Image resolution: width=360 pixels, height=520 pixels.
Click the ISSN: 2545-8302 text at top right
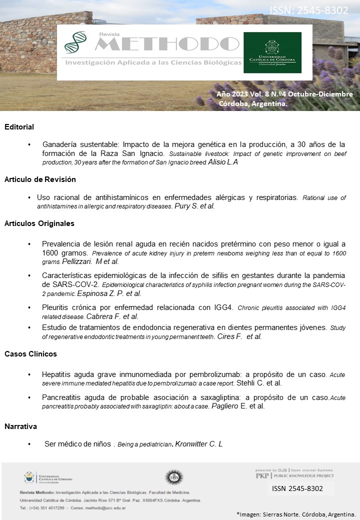pyautogui.click(x=309, y=10)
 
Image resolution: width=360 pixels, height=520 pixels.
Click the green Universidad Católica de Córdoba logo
pyautogui.click(x=272, y=52)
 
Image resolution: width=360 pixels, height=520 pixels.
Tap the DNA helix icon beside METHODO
pyautogui.click(x=75, y=42)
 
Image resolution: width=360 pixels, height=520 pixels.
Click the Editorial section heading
pyautogui.click(x=19, y=127)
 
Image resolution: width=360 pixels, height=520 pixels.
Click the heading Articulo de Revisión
pyautogui.click(x=40, y=179)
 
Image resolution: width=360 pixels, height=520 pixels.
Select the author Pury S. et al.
pyautogui.click(x=194, y=206)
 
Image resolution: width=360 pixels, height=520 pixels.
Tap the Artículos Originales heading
pyautogui.click(x=39, y=223)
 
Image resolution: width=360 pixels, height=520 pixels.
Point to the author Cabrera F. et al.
pyautogui.click(x=112, y=316)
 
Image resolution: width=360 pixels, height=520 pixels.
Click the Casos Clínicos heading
pyautogui.click(x=30, y=354)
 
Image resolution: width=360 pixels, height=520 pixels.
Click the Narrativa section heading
pyautogui.click(x=21, y=426)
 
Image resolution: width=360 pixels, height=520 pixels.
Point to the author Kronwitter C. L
pyautogui.click(x=198, y=444)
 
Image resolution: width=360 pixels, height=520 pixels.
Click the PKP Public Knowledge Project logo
pyautogui.click(x=294, y=474)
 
